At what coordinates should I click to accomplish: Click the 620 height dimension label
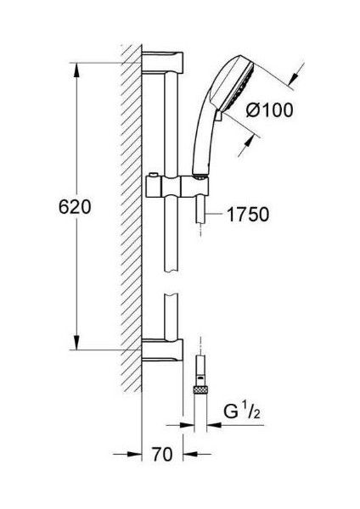tap(75, 207)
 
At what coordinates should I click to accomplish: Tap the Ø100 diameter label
tap(269, 109)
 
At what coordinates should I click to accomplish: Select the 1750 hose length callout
tap(248, 215)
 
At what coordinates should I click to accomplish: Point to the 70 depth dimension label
tap(162, 454)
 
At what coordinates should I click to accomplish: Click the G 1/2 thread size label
tap(241, 411)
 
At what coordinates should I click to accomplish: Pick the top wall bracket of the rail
tap(162, 62)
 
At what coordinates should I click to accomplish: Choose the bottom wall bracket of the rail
tap(162, 350)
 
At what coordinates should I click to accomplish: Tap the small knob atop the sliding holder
tap(153, 176)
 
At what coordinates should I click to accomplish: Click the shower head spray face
tap(238, 86)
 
